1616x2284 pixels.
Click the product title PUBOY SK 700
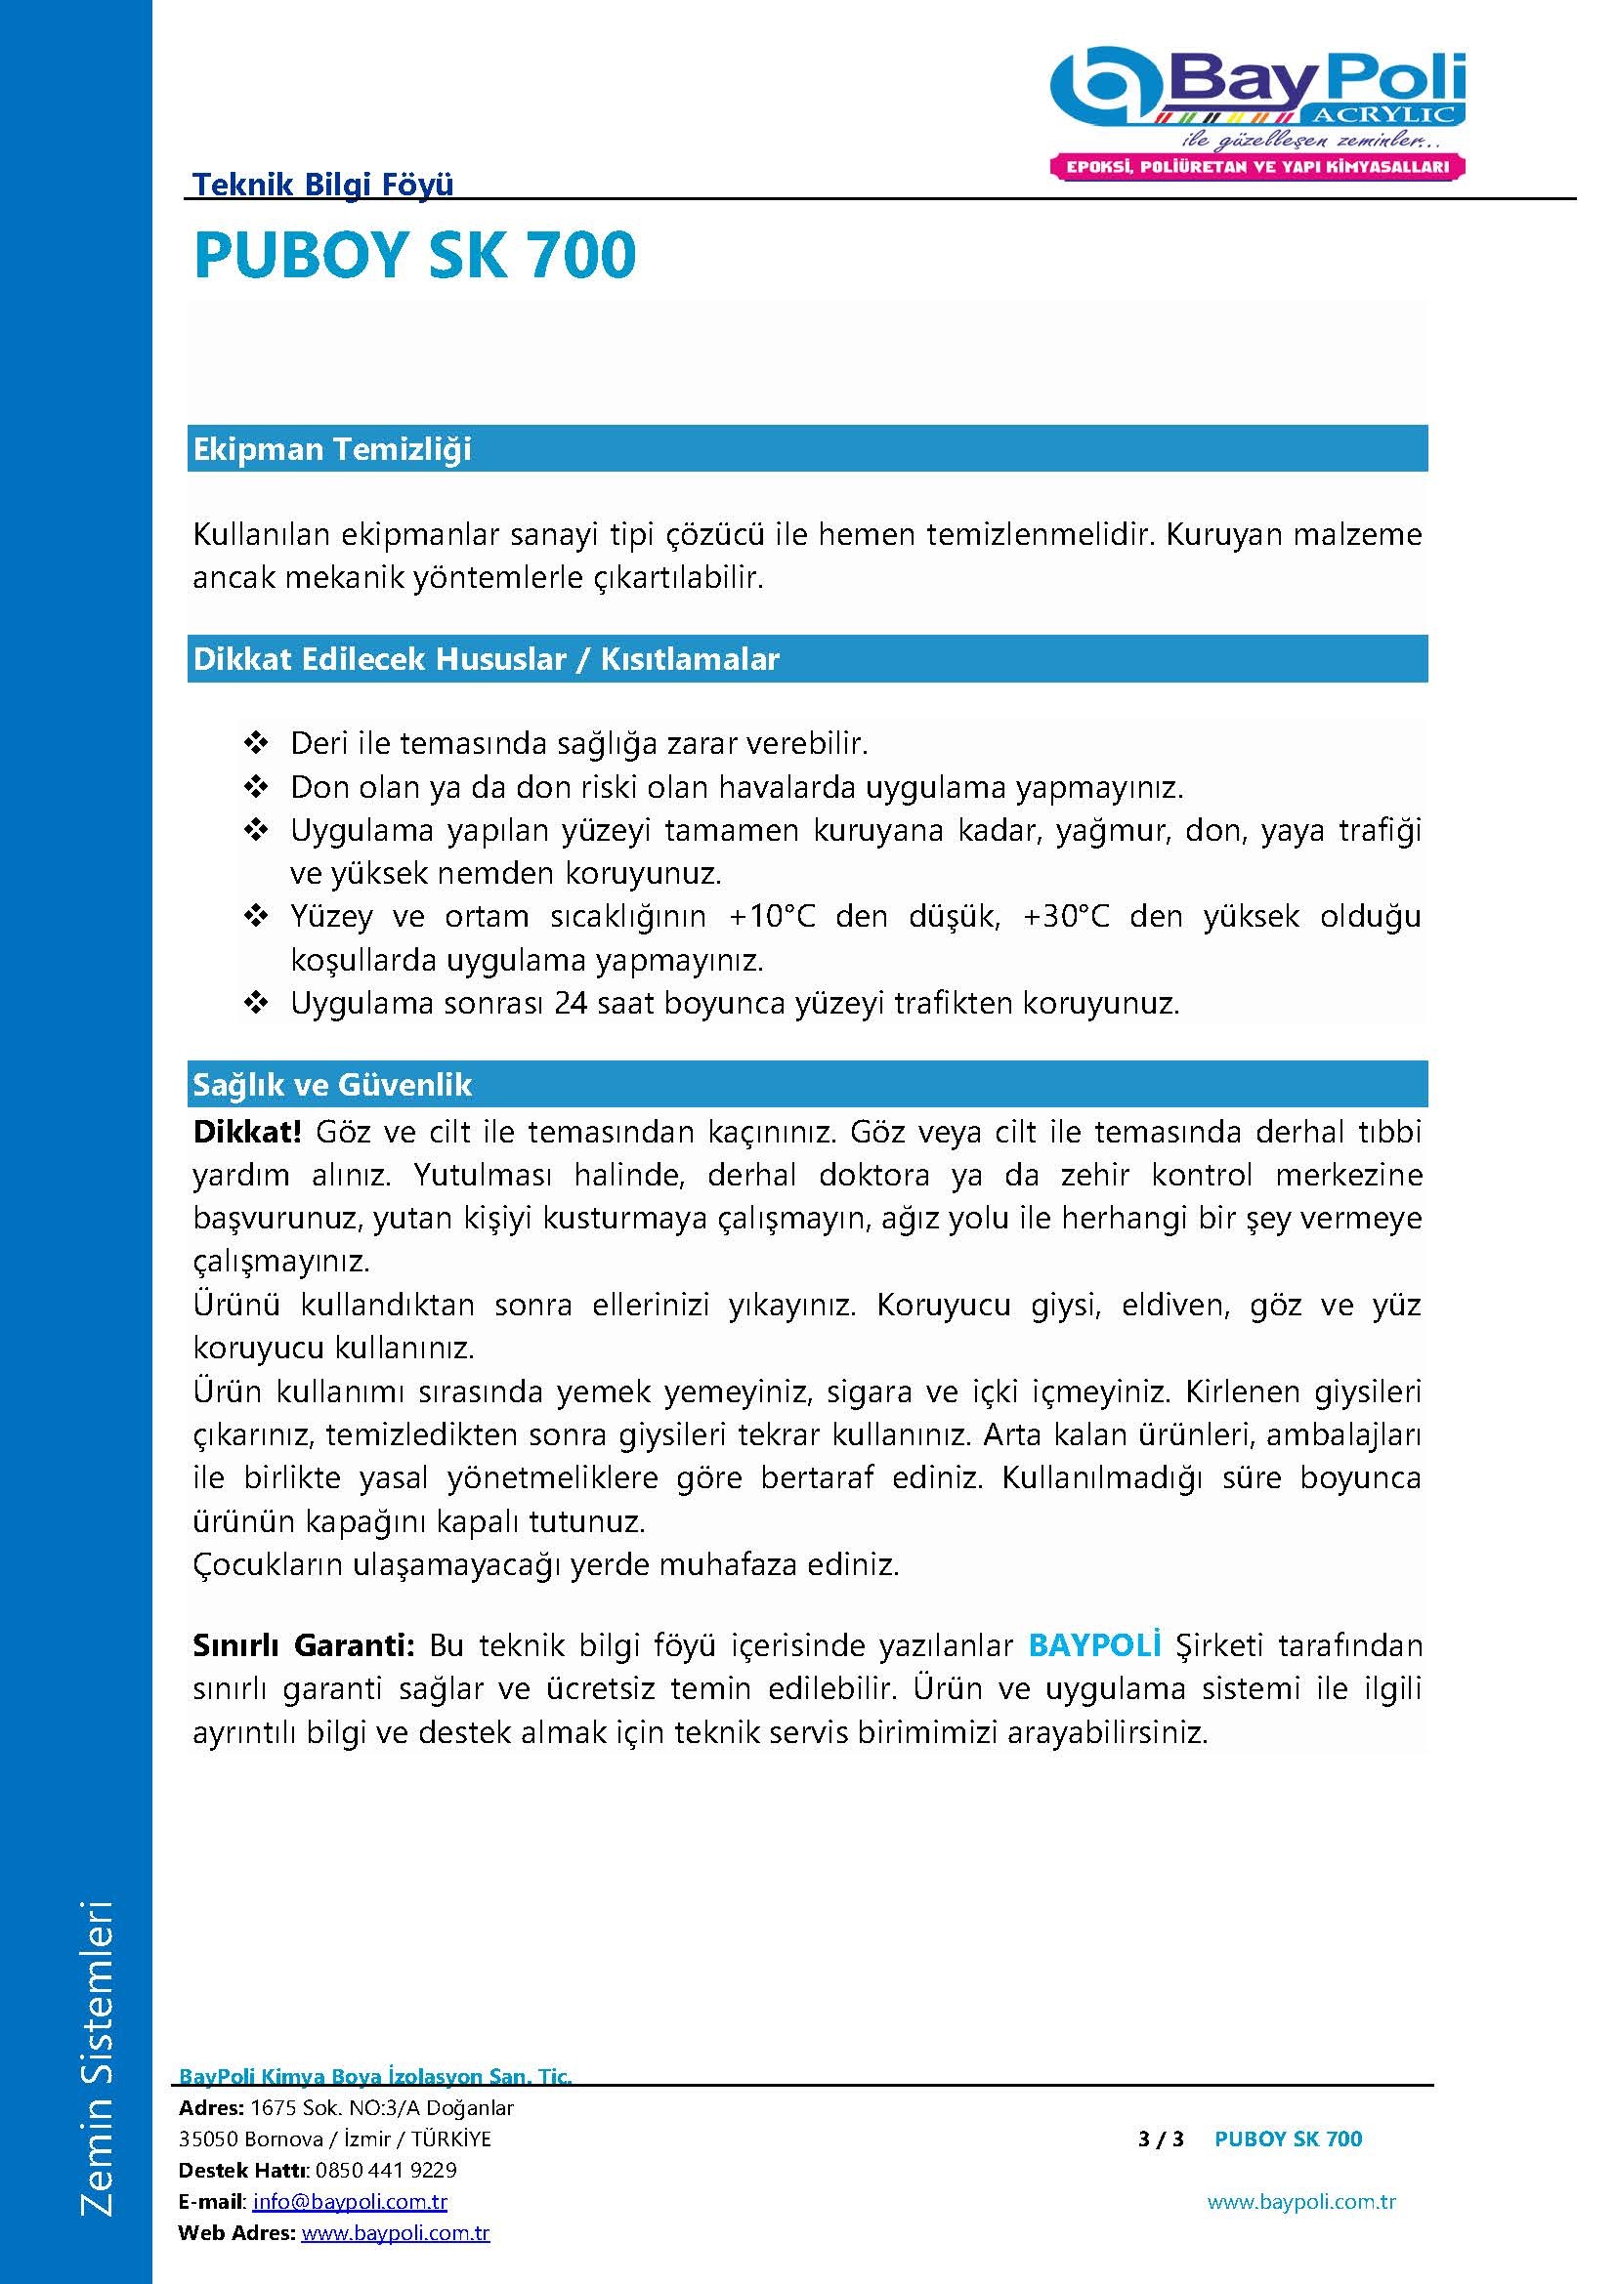click(x=414, y=255)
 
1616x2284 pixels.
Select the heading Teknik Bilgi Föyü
click(x=322, y=184)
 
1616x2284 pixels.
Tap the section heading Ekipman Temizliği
click(x=332, y=448)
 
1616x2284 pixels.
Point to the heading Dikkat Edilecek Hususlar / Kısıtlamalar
click(x=486, y=658)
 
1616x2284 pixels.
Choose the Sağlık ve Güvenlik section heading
click(x=332, y=1084)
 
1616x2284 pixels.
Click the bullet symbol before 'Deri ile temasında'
click(x=256, y=743)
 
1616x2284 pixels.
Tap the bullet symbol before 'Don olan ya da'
click(x=256, y=788)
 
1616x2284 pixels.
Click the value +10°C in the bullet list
click(x=772, y=916)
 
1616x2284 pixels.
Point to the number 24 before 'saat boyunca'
click(x=572, y=1003)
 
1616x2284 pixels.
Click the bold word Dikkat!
click(x=247, y=1132)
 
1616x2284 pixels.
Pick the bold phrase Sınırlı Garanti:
click(x=304, y=1645)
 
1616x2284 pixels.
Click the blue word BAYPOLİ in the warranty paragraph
click(x=1094, y=1645)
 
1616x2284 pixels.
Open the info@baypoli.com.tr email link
click(x=351, y=2201)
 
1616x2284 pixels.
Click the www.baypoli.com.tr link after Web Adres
click(x=395, y=2232)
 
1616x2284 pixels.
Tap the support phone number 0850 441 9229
click(x=386, y=2170)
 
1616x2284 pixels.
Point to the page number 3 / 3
click(x=1161, y=2139)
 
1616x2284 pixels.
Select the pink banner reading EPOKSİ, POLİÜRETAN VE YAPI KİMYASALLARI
click(x=1257, y=166)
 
